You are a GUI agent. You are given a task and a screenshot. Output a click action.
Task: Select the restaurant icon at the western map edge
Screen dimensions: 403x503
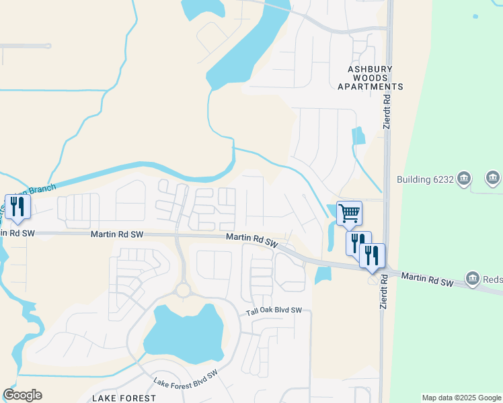coord(17,206)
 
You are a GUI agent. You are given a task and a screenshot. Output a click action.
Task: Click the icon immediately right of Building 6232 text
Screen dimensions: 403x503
coord(464,179)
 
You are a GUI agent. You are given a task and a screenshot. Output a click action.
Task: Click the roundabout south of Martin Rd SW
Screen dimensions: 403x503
coord(183,290)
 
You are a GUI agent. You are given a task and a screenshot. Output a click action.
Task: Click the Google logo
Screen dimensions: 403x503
coord(22,395)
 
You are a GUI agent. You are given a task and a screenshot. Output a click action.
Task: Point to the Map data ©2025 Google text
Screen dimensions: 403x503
coord(461,398)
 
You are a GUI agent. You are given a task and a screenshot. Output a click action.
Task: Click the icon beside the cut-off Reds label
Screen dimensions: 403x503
coord(473,278)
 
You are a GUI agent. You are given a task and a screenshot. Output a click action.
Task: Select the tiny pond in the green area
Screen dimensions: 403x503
coord(475,16)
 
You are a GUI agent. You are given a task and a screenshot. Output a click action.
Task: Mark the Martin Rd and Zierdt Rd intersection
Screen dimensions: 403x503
coord(384,269)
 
